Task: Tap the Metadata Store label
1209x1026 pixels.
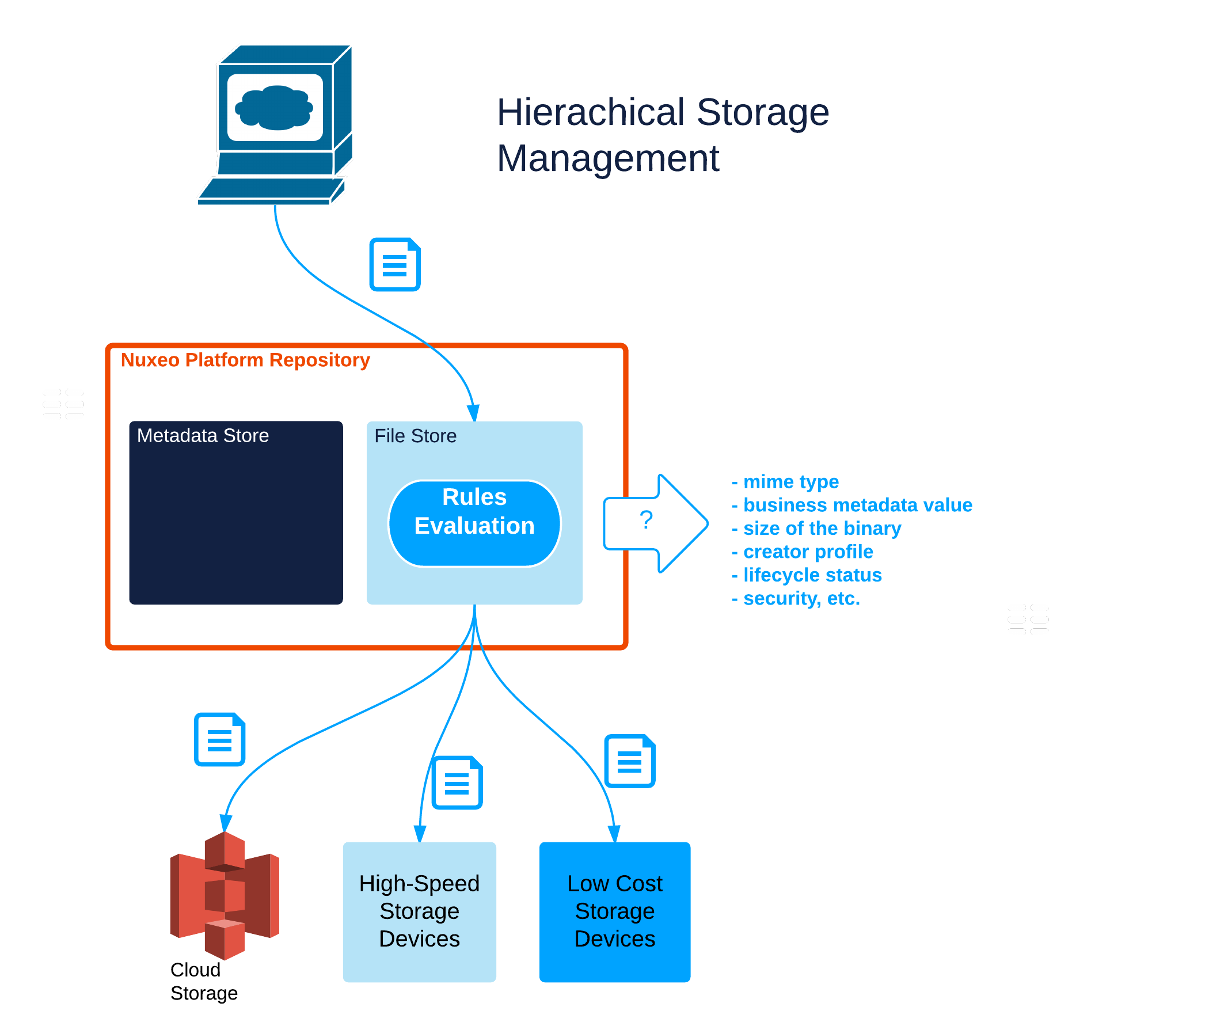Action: tap(203, 436)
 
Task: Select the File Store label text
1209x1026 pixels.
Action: tap(415, 436)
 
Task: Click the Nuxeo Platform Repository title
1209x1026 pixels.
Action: tap(245, 360)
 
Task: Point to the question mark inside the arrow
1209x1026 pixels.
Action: tap(645, 519)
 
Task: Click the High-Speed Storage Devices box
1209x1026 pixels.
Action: tap(419, 911)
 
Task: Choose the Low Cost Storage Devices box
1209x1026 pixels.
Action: tap(614, 911)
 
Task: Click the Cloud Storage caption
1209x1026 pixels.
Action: tap(203, 982)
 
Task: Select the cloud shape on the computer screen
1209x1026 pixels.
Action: tap(274, 107)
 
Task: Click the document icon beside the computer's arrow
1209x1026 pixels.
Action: tap(395, 264)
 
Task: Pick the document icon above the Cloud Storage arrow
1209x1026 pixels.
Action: tap(219, 739)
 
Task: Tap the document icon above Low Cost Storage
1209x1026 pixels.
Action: tap(629, 760)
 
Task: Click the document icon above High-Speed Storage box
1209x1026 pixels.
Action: tap(457, 782)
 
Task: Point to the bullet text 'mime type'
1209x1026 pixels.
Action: tap(790, 481)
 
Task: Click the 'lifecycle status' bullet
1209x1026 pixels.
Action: tap(812, 575)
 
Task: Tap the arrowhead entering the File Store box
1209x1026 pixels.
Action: tap(473, 412)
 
